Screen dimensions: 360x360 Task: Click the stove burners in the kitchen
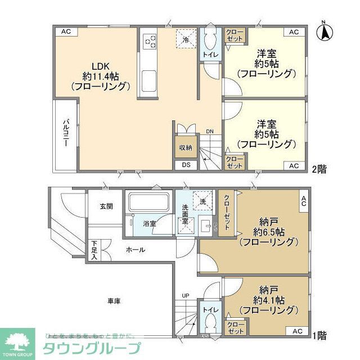(x=150, y=40)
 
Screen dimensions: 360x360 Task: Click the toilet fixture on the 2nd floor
(x=210, y=40)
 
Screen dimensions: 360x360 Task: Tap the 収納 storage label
(x=186, y=147)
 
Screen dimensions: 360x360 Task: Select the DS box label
(x=186, y=165)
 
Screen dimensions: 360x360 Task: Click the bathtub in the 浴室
(x=148, y=203)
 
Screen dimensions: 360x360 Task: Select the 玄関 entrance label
(x=106, y=206)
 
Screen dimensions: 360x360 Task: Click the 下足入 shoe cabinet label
(x=94, y=251)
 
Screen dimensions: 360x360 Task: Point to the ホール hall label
(x=135, y=250)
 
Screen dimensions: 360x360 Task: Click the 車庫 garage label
(x=114, y=301)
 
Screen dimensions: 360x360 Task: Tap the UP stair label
(x=185, y=295)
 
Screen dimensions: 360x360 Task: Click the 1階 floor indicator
(x=319, y=336)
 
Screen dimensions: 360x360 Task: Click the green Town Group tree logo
(x=17, y=340)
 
